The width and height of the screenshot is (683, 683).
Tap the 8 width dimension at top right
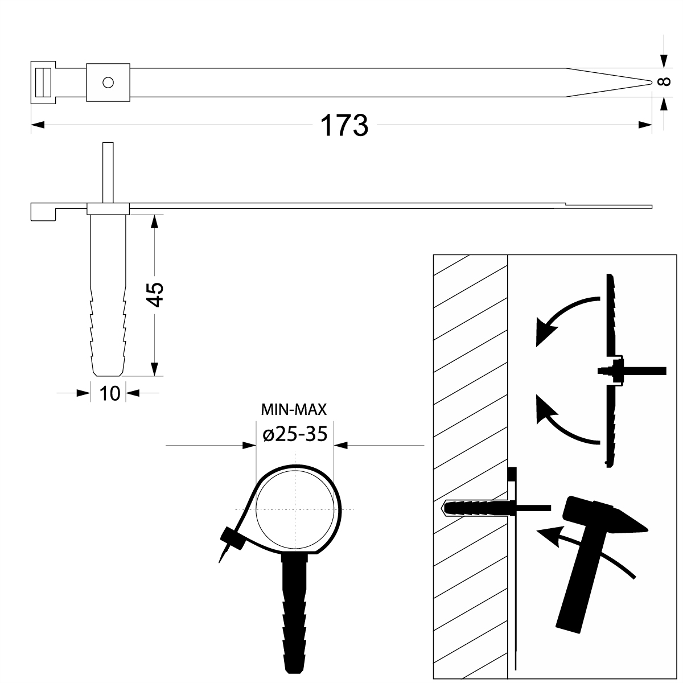point(663,83)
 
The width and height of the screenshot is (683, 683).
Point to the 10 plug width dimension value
point(109,393)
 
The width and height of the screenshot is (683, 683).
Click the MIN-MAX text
point(294,409)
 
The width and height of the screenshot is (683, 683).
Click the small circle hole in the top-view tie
point(108,83)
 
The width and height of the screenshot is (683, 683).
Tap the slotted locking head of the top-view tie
point(42,82)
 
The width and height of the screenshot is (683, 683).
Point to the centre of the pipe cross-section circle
point(295,508)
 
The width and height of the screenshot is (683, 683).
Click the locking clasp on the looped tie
point(231,537)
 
